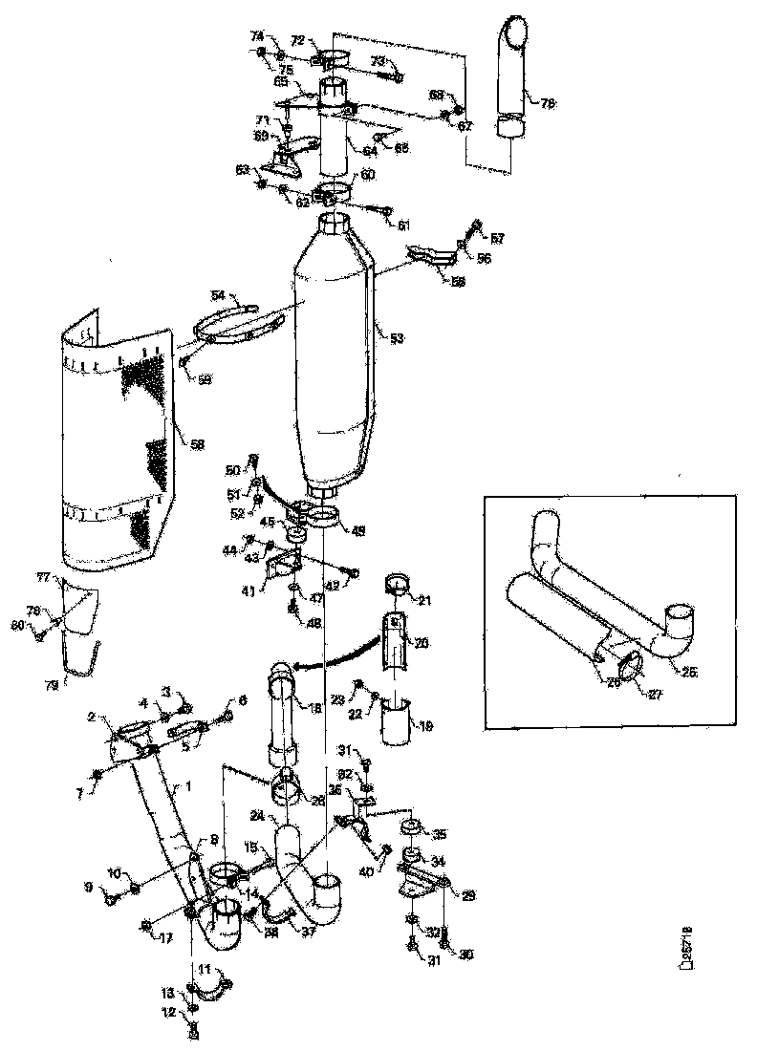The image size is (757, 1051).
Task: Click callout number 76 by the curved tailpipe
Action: coord(548,102)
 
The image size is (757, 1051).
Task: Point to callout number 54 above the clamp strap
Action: coord(217,297)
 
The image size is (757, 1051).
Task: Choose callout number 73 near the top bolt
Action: coord(378,60)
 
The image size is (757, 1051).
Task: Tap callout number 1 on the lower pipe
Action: coord(188,786)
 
